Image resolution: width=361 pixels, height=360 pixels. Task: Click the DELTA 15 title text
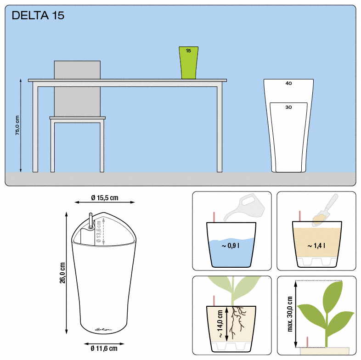pyautogui.click(x=38, y=16)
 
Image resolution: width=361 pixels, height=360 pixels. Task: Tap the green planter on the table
pyautogui.click(x=188, y=62)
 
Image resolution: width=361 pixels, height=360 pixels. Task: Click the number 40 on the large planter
pyautogui.click(x=288, y=84)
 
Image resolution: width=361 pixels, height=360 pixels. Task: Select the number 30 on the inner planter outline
pyautogui.click(x=288, y=107)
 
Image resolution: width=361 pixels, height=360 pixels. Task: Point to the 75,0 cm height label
pyautogui.click(x=17, y=125)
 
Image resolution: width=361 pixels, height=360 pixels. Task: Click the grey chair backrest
pyautogui.click(x=77, y=87)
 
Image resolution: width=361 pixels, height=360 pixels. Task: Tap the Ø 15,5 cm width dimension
pyautogui.click(x=105, y=198)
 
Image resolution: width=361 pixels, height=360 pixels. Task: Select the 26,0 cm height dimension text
pyautogui.click(x=62, y=273)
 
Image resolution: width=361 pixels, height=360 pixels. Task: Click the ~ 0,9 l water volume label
pyautogui.click(x=231, y=246)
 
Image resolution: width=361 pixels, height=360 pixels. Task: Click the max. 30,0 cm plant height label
pyautogui.click(x=290, y=314)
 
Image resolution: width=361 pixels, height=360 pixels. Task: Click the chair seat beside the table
pyautogui.click(x=77, y=118)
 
